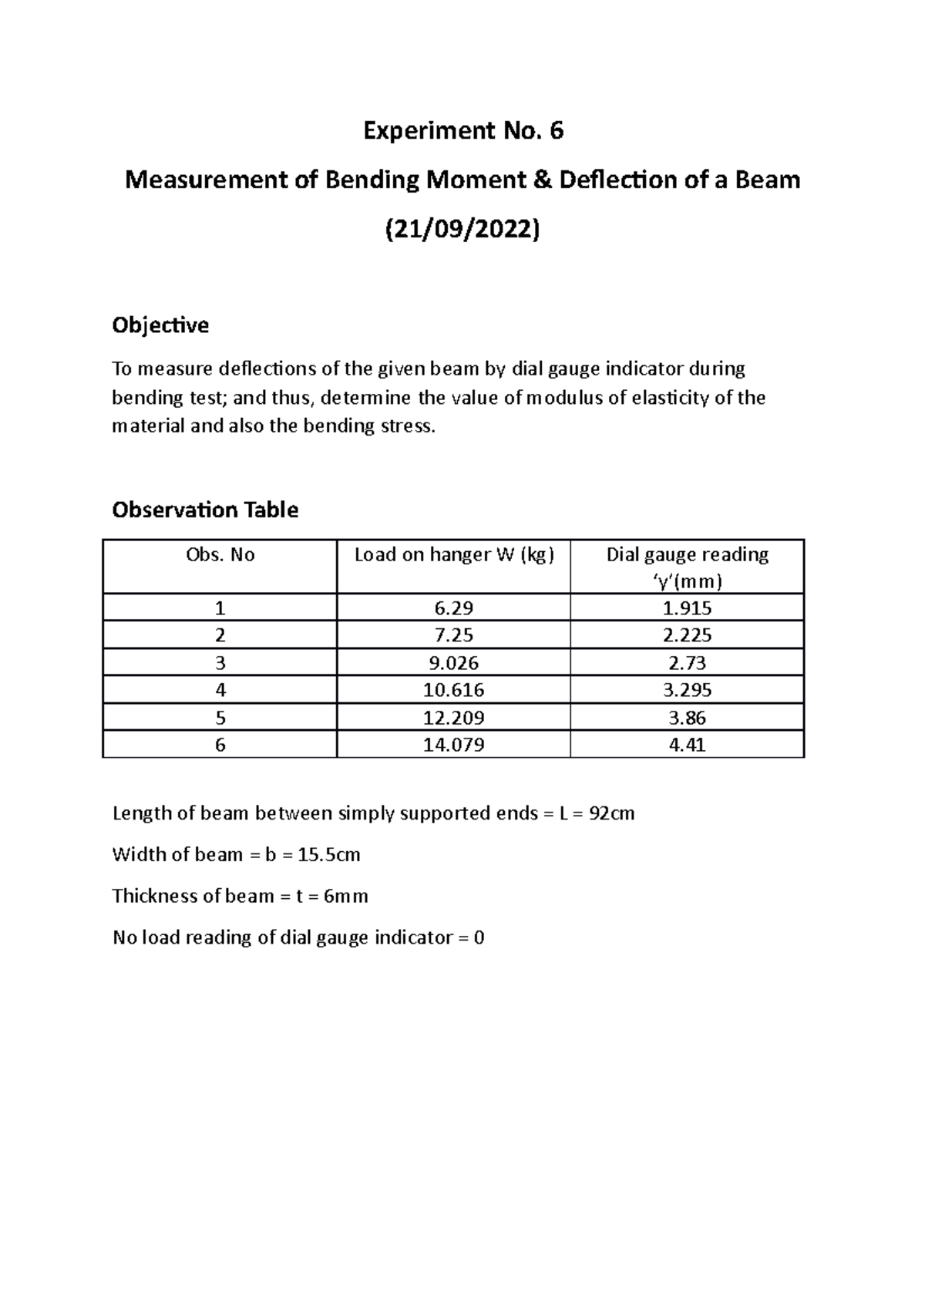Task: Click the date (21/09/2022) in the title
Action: point(462,230)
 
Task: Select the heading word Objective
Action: point(160,325)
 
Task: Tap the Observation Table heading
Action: point(205,510)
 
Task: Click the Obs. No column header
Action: point(220,555)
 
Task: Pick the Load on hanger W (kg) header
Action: point(454,555)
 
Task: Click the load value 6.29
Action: point(454,608)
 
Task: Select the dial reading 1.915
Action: point(687,608)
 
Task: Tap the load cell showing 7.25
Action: point(454,635)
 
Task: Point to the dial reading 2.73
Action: point(687,663)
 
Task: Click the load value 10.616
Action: point(454,690)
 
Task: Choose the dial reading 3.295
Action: point(687,690)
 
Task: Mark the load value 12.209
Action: point(454,718)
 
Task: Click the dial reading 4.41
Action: point(687,745)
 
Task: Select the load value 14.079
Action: point(454,745)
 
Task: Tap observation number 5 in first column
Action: point(220,718)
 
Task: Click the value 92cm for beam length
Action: point(611,813)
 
